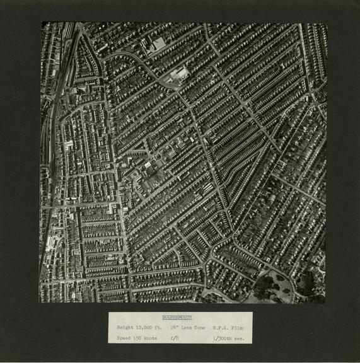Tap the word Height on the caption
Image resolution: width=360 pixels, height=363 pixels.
125,328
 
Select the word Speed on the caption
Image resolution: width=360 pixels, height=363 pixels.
124,338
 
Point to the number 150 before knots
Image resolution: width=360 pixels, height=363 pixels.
139,338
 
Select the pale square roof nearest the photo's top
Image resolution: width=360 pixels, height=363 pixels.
159,43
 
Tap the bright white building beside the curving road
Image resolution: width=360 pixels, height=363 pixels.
180,74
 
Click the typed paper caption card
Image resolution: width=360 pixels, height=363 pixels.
180,328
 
